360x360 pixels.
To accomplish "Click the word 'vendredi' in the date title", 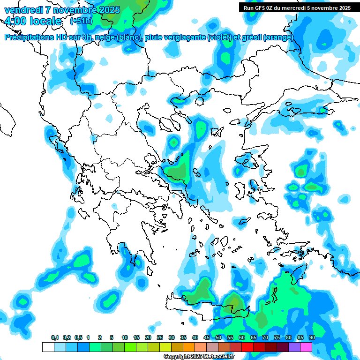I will (22, 10).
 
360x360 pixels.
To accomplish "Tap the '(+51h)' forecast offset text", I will (81, 21).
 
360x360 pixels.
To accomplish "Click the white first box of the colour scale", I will (48, 347).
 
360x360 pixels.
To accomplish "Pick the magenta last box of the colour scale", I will (306, 347).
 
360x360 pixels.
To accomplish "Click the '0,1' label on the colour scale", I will (55, 337).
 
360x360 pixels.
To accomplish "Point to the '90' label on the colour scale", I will (312, 337).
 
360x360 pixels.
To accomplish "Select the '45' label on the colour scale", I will (207, 337).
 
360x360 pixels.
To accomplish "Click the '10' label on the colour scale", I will (125, 337).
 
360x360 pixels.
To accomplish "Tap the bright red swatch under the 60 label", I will (247, 347).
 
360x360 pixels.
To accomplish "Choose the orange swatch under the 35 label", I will (189, 347).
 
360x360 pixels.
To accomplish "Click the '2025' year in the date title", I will (107, 10).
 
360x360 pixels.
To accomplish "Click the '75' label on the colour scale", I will (277, 337).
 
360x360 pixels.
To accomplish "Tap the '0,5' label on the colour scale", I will (78, 337).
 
